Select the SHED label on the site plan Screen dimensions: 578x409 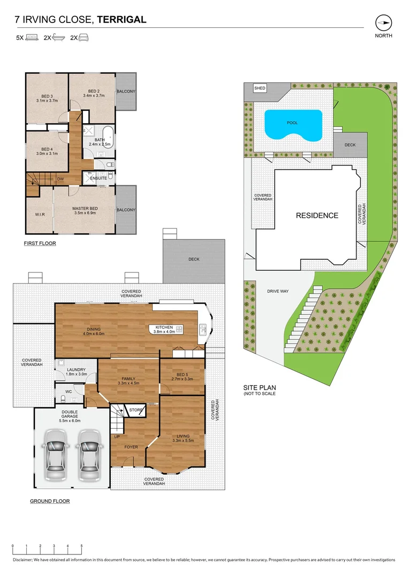click(260, 88)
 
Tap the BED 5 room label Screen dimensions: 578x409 click(182, 375)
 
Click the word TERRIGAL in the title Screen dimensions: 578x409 click(122, 20)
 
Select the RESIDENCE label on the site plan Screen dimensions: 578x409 click(317, 216)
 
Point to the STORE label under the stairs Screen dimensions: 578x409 click(136, 410)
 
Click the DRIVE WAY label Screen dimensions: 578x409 click(278, 291)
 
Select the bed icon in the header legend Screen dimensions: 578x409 click(32, 37)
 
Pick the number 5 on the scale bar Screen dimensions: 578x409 click(81, 546)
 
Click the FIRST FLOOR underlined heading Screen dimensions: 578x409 click(40, 243)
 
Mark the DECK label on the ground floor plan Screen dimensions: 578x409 click(194, 259)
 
